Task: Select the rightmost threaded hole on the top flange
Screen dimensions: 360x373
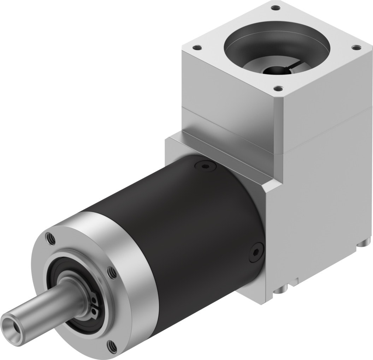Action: tap(355, 47)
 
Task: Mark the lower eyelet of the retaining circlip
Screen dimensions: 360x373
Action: tap(96, 310)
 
